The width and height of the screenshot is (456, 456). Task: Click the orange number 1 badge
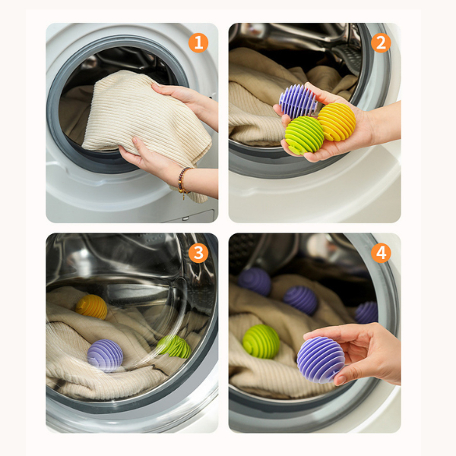coord(198,43)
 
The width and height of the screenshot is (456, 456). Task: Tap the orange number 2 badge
coord(381,43)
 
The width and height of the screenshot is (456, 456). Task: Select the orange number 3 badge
coord(198,253)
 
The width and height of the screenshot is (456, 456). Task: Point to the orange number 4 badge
coord(381,253)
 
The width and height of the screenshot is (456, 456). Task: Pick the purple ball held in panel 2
coord(298,101)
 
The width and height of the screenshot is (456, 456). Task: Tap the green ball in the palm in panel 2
coord(304,135)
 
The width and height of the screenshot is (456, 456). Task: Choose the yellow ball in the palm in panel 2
coord(337,122)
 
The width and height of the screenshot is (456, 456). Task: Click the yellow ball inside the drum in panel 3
coord(92,307)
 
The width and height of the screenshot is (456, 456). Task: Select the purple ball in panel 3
coord(105,356)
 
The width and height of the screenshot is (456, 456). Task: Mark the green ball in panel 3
coord(175,347)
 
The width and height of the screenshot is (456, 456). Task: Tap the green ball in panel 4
coord(261,341)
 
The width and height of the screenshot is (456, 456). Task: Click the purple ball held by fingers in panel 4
coord(321,359)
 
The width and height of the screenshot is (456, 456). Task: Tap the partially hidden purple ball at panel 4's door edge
coord(366,312)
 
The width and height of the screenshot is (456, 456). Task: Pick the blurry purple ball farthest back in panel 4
coord(255,281)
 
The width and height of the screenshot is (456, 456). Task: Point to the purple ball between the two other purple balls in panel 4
coord(300,300)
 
